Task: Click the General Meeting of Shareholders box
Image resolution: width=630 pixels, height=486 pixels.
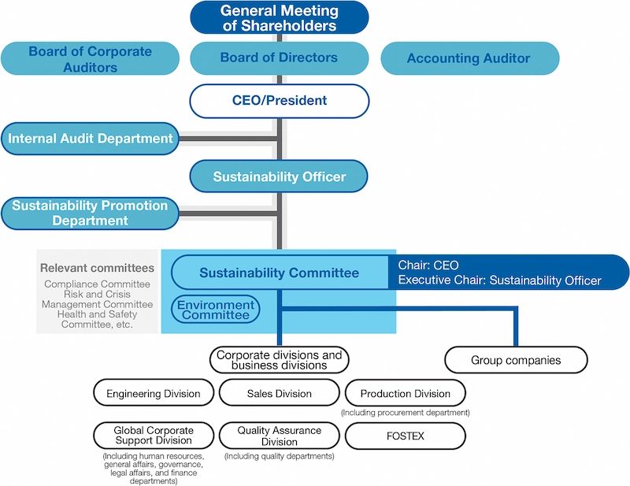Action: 279,17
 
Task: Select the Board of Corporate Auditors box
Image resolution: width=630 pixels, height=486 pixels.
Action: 90,58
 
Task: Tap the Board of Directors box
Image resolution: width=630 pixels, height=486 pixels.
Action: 279,58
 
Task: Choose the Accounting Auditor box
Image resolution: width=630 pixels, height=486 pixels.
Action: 469,58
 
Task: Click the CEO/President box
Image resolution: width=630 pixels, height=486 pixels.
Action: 279,101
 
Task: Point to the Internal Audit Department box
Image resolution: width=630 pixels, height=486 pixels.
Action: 90,139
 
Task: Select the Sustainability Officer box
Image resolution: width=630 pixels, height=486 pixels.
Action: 279,176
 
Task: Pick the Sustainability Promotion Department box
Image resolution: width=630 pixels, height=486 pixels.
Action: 90,213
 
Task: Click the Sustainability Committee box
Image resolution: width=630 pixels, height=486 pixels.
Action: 279,273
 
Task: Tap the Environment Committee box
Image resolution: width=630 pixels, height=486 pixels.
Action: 216,310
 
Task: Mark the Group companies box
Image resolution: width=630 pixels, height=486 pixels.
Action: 516,360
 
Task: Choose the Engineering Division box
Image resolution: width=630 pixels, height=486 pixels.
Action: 154,393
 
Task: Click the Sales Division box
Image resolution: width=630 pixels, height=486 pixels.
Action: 279,393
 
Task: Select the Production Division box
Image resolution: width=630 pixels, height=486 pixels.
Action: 406,393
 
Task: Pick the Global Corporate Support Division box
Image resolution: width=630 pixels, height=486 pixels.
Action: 154,436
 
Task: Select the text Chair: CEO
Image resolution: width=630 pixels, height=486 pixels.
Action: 429,266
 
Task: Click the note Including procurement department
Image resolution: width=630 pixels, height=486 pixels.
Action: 406,413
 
